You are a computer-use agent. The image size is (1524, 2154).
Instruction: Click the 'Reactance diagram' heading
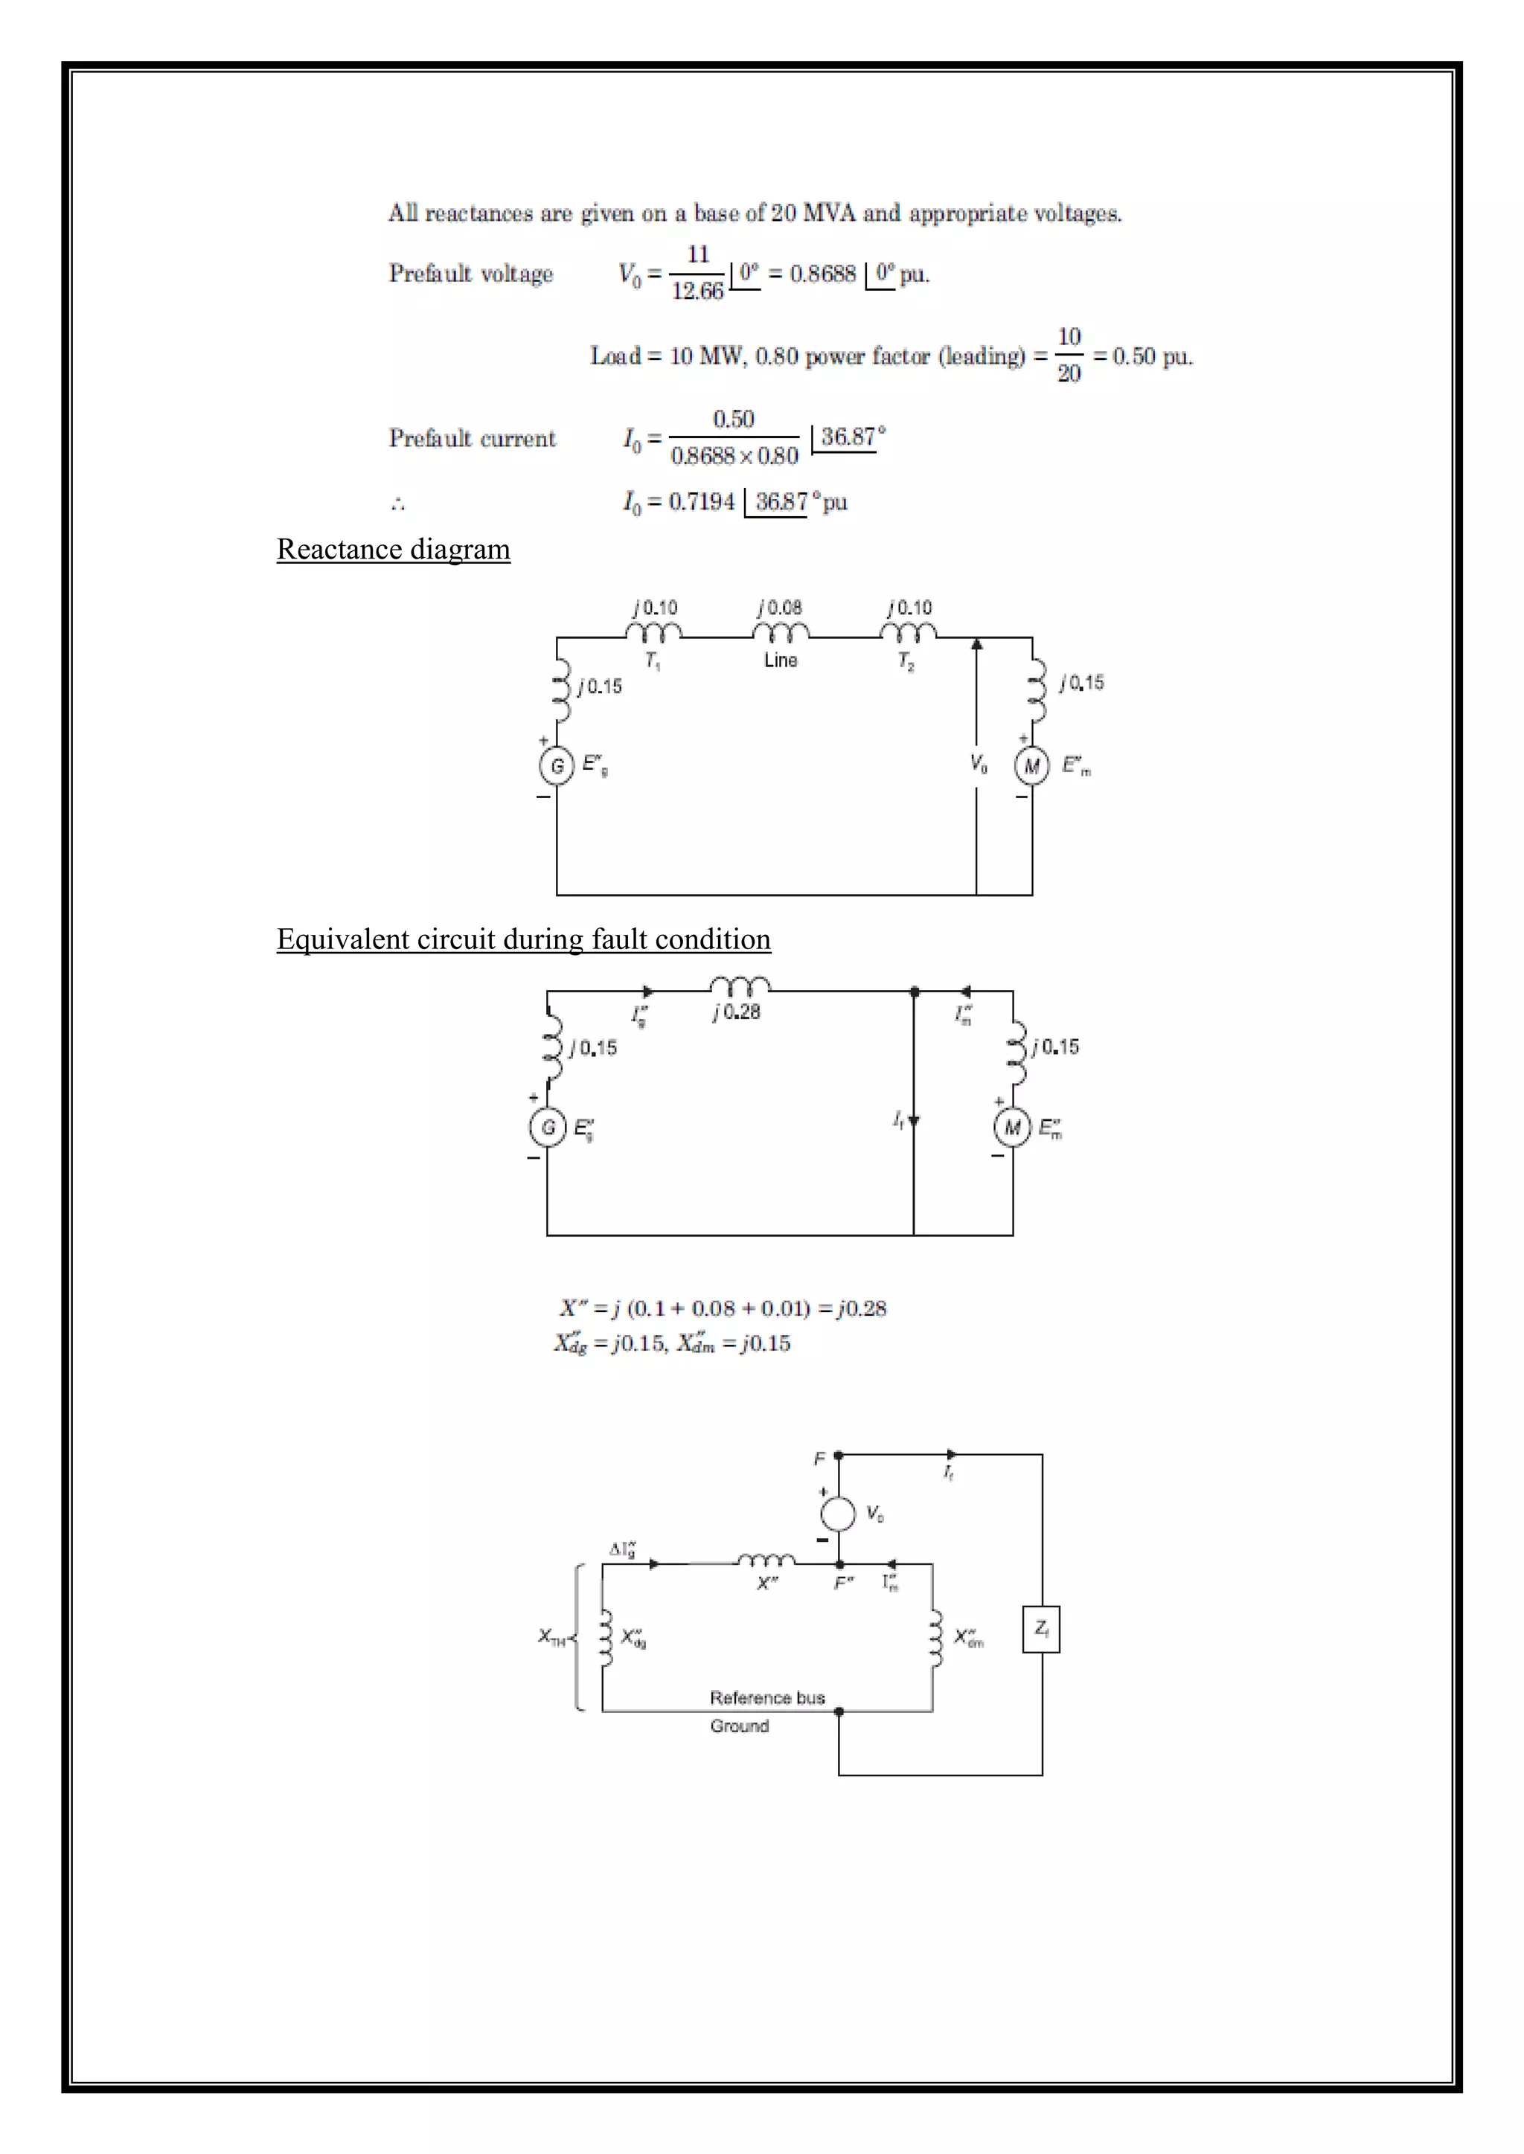[393, 549]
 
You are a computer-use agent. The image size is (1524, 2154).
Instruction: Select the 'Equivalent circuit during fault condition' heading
[524, 939]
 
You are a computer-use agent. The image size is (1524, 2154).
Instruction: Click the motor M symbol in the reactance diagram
[1031, 767]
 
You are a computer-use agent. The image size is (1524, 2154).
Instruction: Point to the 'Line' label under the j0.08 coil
[781, 660]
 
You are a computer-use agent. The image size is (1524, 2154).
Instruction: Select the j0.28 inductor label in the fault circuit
[737, 1012]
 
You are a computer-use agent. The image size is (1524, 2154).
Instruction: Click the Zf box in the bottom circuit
[1041, 1629]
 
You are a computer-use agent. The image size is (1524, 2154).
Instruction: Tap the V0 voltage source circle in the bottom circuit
[838, 1514]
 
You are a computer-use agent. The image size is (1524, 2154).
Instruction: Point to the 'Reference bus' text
[766, 1697]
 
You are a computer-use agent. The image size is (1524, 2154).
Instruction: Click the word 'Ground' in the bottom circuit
[740, 1726]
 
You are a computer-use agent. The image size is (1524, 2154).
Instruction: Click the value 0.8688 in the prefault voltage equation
[823, 274]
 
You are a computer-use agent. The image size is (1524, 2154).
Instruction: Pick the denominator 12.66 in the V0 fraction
[697, 292]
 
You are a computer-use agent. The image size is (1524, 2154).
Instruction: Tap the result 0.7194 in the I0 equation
[702, 502]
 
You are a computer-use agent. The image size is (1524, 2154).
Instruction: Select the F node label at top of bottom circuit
[819, 1459]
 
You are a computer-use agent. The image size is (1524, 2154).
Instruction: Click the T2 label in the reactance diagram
[906, 661]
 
